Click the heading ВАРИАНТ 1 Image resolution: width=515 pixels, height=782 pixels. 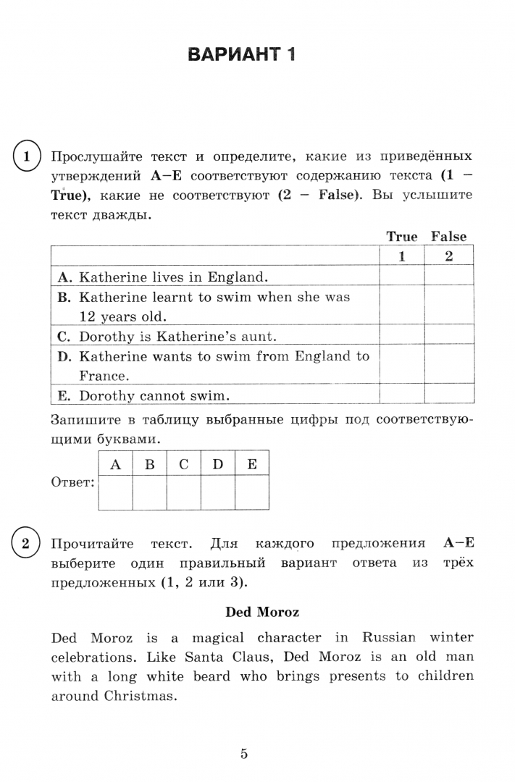[x=241, y=56]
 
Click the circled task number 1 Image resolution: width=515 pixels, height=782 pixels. [x=26, y=156]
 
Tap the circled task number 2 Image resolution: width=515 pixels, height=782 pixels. [x=26, y=544]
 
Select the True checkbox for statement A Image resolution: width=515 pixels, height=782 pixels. [x=401, y=276]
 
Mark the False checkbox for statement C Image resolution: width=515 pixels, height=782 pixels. [x=448, y=336]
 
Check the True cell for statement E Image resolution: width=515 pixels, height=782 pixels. [x=401, y=395]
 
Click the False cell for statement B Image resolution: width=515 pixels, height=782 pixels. [x=448, y=306]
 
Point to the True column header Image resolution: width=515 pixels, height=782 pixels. [x=402, y=237]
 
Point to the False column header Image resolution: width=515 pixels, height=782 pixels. [x=448, y=237]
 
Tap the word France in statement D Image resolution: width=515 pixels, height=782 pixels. [x=103, y=376]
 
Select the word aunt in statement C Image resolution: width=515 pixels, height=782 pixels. [x=259, y=337]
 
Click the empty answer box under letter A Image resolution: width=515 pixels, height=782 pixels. [x=115, y=492]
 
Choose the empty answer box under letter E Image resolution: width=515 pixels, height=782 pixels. [x=251, y=492]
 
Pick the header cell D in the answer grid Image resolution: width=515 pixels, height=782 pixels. [x=217, y=464]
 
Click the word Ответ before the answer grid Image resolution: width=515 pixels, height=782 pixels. [x=73, y=482]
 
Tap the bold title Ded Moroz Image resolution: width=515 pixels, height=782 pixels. [x=262, y=612]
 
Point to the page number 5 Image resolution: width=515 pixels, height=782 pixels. [x=244, y=754]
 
